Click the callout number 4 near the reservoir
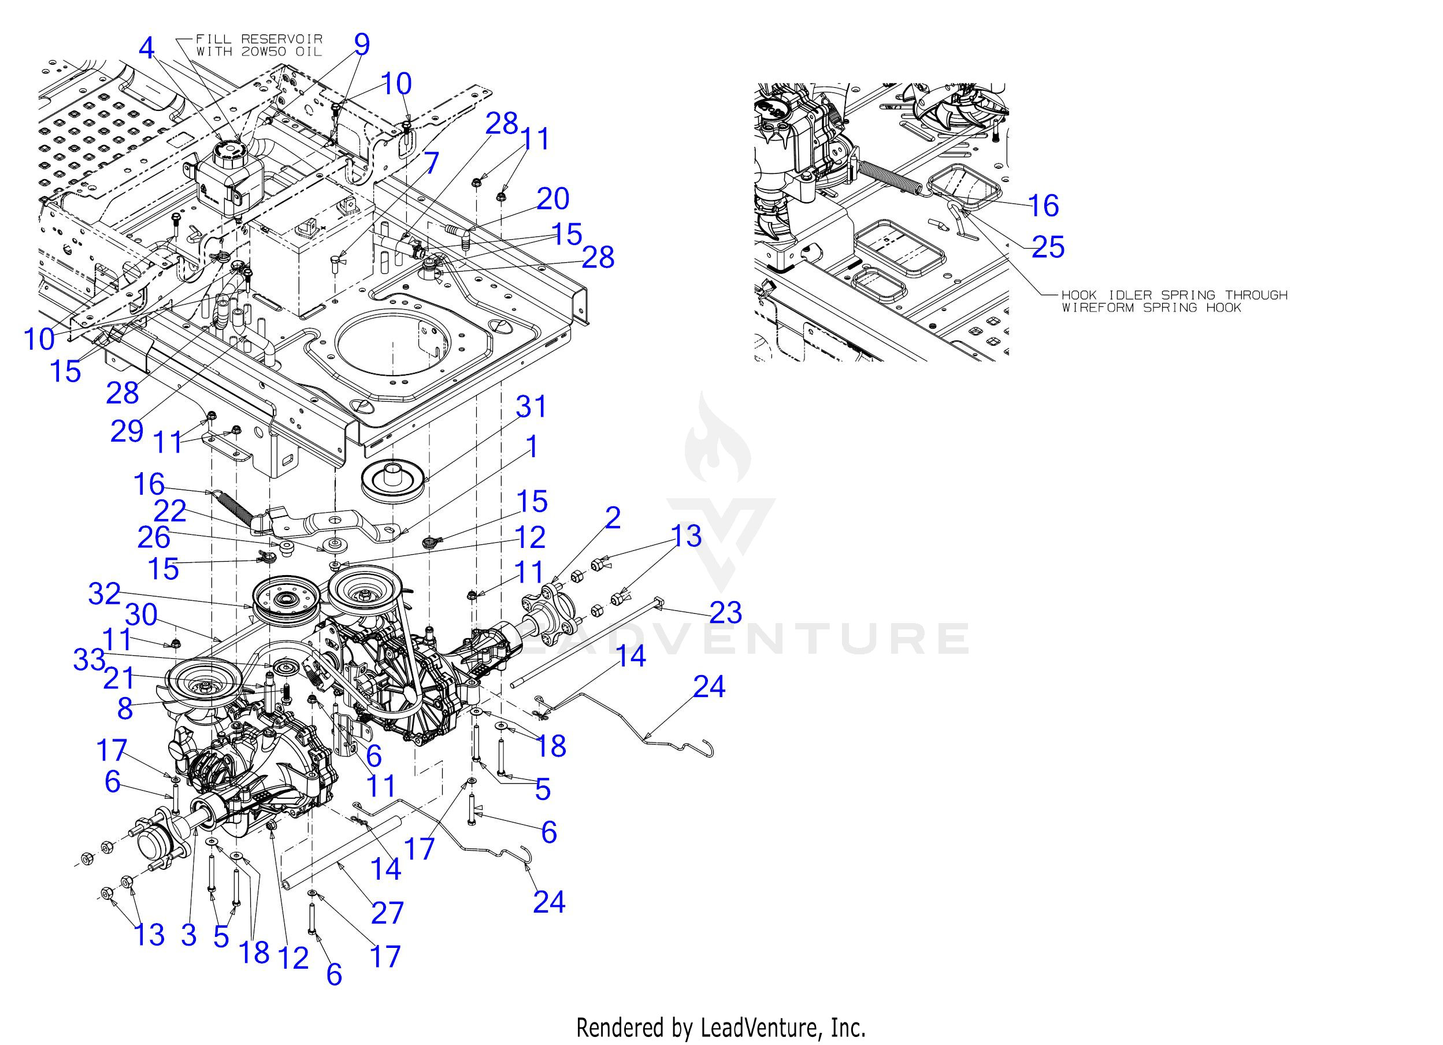(x=147, y=48)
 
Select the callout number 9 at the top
(x=361, y=45)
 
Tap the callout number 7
(x=431, y=163)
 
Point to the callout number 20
(x=552, y=199)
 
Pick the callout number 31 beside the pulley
(x=531, y=407)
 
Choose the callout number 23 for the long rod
(x=725, y=612)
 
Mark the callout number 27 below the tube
(x=387, y=912)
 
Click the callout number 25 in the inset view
(x=1048, y=247)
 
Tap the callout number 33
(x=89, y=659)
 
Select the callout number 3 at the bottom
(x=188, y=935)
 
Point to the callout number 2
(x=612, y=518)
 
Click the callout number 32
(x=105, y=594)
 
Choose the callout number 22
(x=170, y=510)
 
